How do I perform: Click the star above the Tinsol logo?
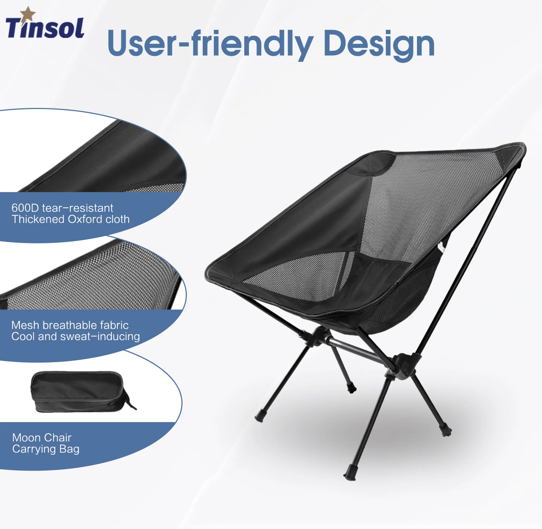click(27, 14)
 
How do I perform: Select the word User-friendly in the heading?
click(210, 44)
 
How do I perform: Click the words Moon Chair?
click(42, 438)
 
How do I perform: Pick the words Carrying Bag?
click(46, 449)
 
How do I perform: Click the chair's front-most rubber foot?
click(349, 474)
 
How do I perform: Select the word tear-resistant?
click(77, 208)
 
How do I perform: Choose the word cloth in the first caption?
click(117, 219)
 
